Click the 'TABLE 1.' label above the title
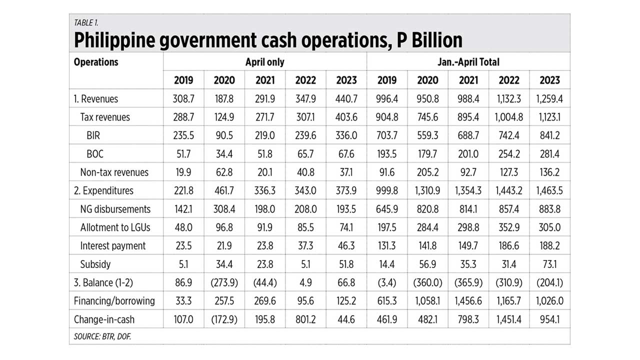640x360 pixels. click(x=86, y=22)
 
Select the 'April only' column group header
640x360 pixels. click(x=264, y=62)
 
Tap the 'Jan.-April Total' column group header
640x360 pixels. click(x=468, y=62)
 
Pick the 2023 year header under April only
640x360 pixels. click(x=346, y=80)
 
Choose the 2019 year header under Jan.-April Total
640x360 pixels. click(x=386, y=80)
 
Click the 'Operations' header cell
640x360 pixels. click(x=96, y=62)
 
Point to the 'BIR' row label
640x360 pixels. click(x=94, y=135)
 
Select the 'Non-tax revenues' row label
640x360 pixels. click(x=114, y=172)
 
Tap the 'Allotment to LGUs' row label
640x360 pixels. click(x=115, y=227)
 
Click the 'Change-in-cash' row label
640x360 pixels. click(x=104, y=319)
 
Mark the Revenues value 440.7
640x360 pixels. click(x=346, y=98)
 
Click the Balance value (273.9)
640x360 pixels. click(x=224, y=282)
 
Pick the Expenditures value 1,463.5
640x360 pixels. click(x=549, y=190)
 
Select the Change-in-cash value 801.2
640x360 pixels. click(x=305, y=319)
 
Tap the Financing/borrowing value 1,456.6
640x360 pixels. click(x=468, y=301)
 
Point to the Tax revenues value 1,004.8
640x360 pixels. click(x=508, y=117)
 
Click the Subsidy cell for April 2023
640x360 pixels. click(x=346, y=264)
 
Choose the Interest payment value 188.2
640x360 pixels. click(x=549, y=245)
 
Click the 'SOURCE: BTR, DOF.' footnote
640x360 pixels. click(x=102, y=336)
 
